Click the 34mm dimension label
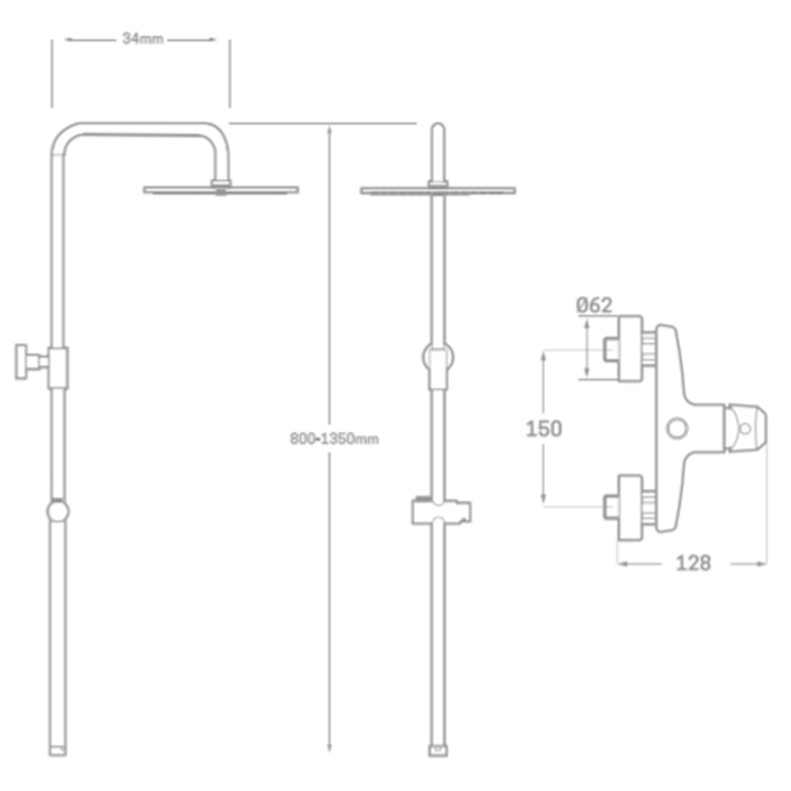click(142, 39)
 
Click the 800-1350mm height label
click(334, 439)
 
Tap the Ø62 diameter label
click(594, 305)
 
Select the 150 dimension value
click(544, 429)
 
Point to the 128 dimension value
click(694, 563)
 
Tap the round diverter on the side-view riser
click(58, 511)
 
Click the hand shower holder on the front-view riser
click(441, 512)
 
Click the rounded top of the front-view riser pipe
click(438, 127)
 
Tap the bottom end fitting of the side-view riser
click(57, 750)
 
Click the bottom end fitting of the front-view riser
click(438, 750)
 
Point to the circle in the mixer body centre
click(677, 428)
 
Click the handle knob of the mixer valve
click(746, 428)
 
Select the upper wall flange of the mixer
click(631, 348)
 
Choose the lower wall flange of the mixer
click(631, 508)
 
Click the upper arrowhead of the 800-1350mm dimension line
click(329, 130)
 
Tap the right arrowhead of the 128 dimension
click(761, 564)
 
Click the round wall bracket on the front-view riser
click(438, 357)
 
